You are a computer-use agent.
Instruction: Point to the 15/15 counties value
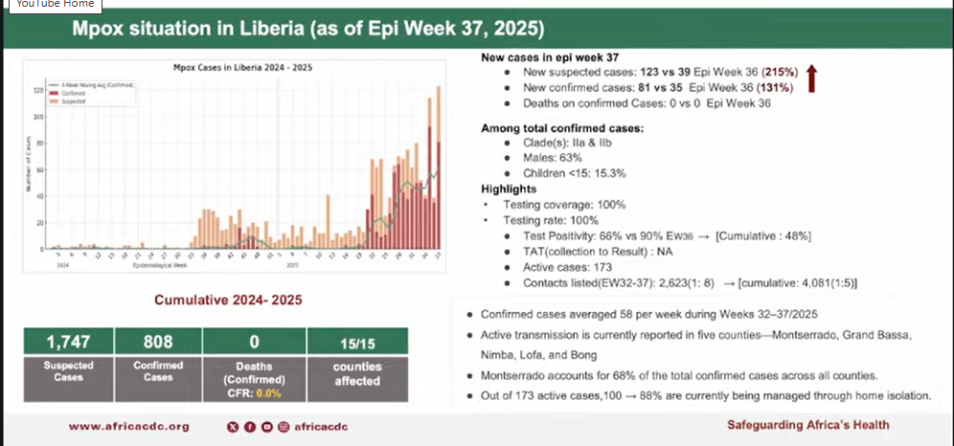click(356, 342)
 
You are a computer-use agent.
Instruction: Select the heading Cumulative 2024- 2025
click(229, 301)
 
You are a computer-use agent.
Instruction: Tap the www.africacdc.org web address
click(128, 426)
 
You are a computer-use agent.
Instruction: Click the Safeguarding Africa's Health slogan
click(807, 425)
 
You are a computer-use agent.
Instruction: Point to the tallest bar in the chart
click(438, 167)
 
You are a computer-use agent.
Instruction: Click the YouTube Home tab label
click(55, 4)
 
